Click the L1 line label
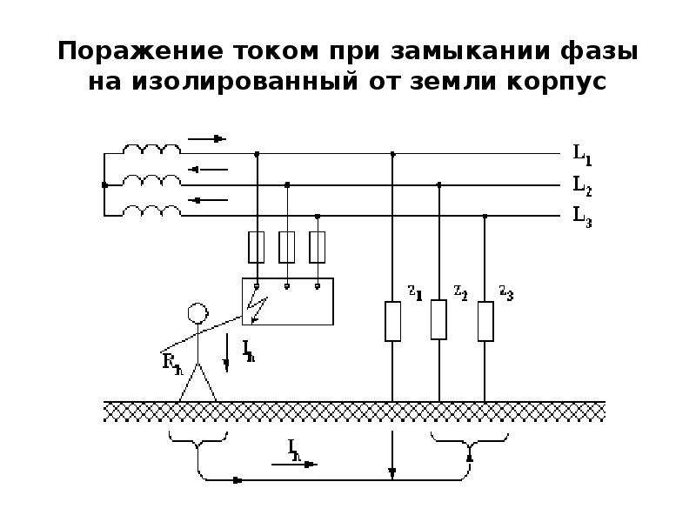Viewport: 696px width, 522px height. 582,155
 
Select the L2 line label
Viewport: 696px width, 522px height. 582,185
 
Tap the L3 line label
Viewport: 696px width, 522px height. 582,217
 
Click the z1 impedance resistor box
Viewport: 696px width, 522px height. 392,321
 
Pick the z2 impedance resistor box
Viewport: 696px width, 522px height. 438,319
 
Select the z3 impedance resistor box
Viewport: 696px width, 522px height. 485,321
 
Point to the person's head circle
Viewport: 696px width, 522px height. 197,312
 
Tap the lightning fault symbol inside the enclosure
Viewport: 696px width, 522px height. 258,305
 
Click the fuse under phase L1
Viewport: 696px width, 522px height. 257,247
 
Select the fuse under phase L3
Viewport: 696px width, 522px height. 317,247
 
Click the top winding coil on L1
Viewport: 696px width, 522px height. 151,149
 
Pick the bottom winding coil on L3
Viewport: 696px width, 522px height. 151,211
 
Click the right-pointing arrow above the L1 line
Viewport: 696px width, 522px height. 207,139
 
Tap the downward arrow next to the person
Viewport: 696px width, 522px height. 226,352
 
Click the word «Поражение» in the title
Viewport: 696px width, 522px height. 140,50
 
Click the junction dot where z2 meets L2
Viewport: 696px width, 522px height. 439,184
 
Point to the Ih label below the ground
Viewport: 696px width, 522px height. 294,450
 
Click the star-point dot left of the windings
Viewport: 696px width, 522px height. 104,184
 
